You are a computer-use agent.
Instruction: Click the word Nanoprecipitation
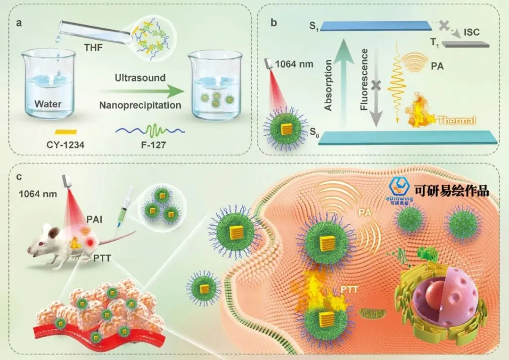click(x=140, y=106)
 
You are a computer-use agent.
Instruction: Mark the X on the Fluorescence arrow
click(x=376, y=85)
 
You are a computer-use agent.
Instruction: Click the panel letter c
click(x=19, y=177)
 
